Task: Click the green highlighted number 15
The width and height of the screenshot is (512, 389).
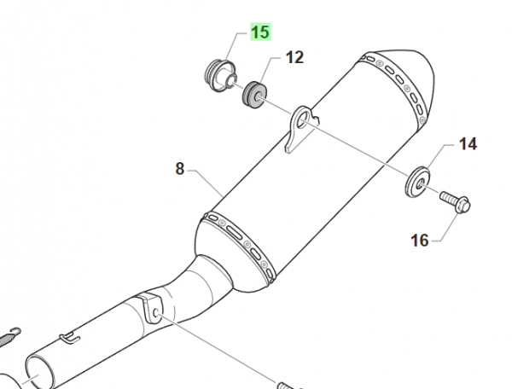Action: coord(260,32)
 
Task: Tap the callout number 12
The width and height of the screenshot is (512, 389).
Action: coord(294,57)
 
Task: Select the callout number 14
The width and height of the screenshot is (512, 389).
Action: coord(468,143)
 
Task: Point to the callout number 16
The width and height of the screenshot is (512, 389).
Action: coord(419,241)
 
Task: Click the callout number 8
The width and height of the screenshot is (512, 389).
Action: coord(180,169)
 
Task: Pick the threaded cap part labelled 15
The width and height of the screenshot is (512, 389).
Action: coord(221,76)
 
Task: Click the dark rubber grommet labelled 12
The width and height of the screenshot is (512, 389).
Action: coord(254,95)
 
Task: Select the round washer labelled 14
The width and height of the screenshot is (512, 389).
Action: coord(417,182)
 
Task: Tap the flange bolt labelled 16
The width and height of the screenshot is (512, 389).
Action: coord(455,202)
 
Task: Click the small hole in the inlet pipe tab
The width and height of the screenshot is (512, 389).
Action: coord(155,313)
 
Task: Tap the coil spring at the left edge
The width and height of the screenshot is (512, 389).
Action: coord(9,337)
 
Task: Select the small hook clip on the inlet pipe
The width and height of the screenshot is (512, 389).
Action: coord(69,338)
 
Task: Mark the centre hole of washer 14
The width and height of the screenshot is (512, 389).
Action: coord(419,184)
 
